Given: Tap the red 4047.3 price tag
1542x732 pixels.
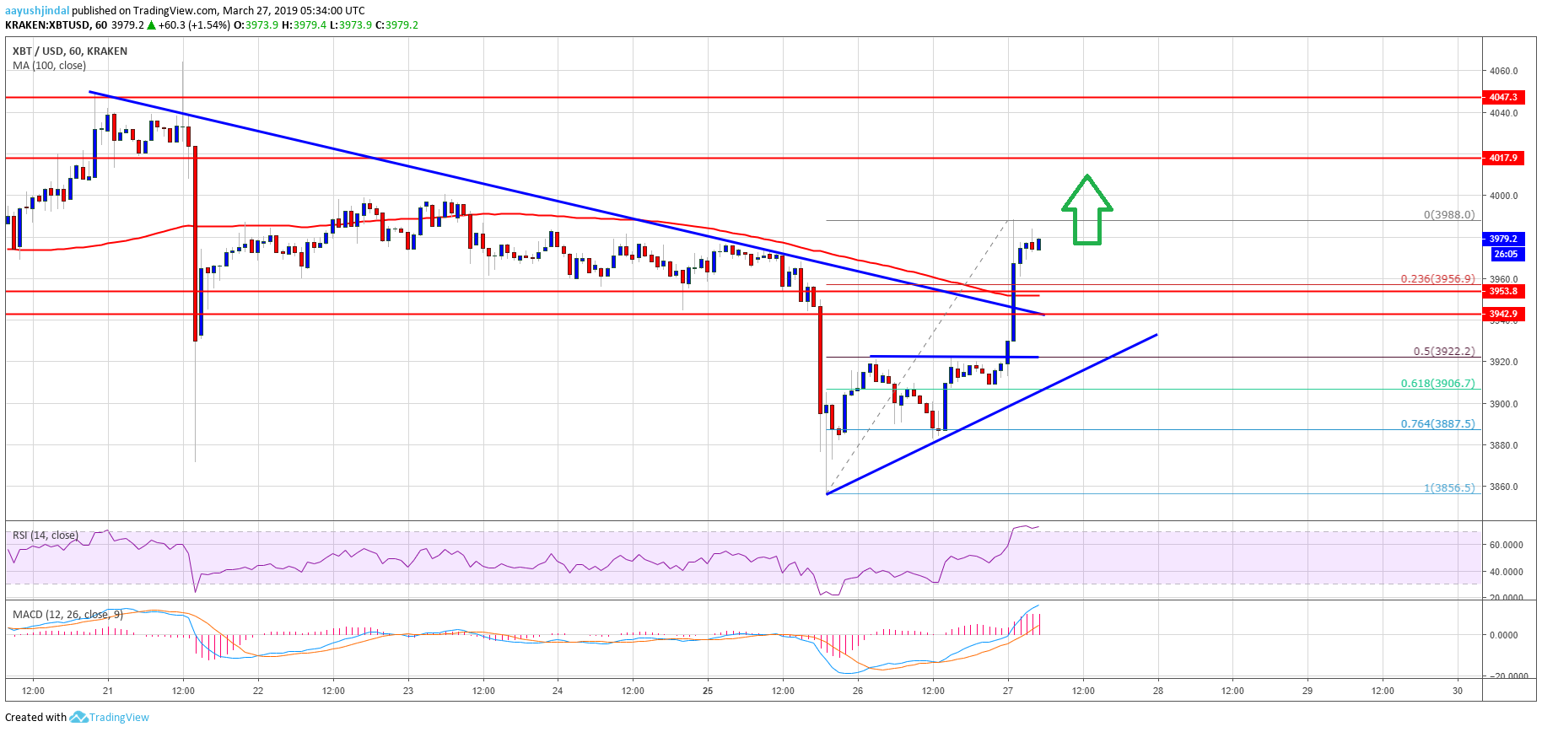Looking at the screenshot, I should click(x=1502, y=97).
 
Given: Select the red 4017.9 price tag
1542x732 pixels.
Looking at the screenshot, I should click(x=1502, y=158).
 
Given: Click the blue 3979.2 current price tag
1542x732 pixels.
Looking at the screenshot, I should click(x=1502, y=239).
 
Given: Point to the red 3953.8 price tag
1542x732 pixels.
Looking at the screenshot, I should click(x=1502, y=291).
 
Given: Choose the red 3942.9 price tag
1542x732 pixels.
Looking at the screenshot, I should click(x=1502, y=314).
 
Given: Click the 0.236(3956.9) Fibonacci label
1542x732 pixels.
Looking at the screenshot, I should click(x=1437, y=278).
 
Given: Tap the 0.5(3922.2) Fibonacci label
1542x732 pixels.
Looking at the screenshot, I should click(x=1443, y=352).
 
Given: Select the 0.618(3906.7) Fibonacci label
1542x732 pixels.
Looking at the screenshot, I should click(x=1437, y=383).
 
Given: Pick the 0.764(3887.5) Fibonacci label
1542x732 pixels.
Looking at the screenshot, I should click(x=1437, y=423).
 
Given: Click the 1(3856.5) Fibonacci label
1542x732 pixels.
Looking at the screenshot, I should click(x=1449, y=487).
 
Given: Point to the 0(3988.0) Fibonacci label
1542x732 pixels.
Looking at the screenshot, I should click(x=1449, y=214).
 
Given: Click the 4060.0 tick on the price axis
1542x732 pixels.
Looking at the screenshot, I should click(x=1503, y=71).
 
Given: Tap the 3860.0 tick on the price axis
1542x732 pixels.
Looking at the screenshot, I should click(x=1503, y=487).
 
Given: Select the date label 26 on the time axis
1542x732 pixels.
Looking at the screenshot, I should click(x=858, y=691).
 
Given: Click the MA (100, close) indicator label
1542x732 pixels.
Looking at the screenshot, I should click(x=49, y=66).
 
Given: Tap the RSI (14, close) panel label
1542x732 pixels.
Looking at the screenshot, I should click(x=46, y=536).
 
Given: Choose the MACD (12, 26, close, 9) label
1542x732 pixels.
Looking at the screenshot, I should click(x=67, y=614).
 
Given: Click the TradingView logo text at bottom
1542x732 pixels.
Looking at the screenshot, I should click(x=118, y=718).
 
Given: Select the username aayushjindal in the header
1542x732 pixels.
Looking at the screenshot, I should click(x=37, y=10).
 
